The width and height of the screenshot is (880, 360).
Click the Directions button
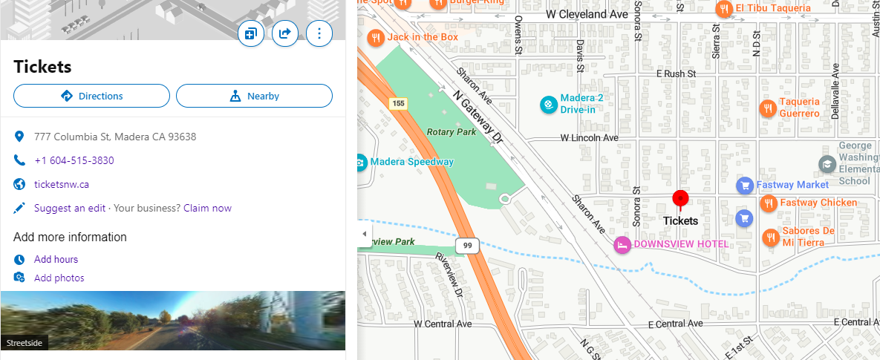92,96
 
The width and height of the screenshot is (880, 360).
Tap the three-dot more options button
319,33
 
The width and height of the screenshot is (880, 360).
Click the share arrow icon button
284,33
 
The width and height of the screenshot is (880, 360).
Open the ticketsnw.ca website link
62,184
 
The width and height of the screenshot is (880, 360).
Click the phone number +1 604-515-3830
74,160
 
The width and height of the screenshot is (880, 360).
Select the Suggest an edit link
70,208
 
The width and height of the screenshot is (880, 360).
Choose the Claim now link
207,208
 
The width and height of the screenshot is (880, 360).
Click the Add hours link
56,259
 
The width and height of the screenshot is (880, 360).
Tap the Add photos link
59,278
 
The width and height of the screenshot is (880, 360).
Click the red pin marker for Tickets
680,199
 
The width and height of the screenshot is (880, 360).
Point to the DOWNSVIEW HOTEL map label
681,244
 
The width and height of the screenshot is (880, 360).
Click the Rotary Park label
451,131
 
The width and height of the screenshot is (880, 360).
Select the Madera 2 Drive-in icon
548,105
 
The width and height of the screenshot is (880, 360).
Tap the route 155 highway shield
399,103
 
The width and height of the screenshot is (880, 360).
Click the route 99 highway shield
468,245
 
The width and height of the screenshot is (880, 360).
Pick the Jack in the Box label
423,36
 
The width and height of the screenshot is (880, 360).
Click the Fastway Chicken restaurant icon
769,203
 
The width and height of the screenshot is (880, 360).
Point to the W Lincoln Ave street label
590,138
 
